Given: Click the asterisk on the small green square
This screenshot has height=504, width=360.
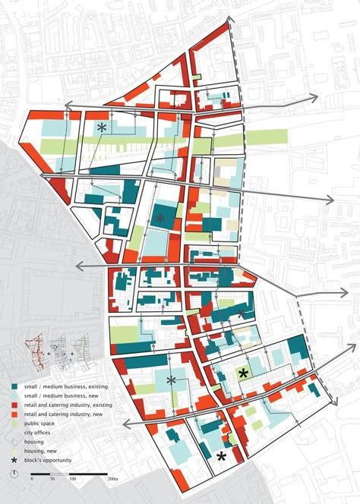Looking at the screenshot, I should [x=243, y=373].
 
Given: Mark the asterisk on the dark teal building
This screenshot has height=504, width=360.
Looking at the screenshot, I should [x=159, y=219].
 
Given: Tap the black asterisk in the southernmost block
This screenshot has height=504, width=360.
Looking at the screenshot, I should [x=221, y=456].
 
